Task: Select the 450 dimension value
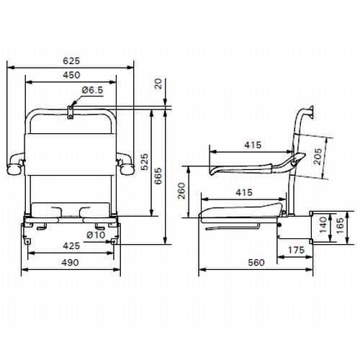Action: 70,75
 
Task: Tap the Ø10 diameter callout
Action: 96,235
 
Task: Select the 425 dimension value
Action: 70,246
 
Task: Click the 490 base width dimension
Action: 70,264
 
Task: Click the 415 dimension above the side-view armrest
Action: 252,145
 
